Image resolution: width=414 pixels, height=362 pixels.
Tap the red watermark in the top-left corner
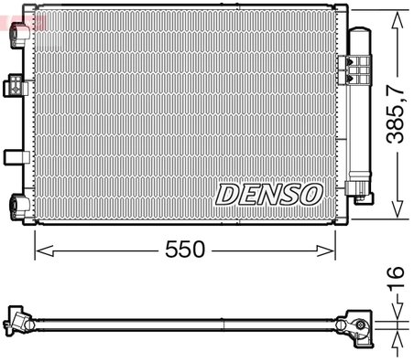(14, 13)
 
